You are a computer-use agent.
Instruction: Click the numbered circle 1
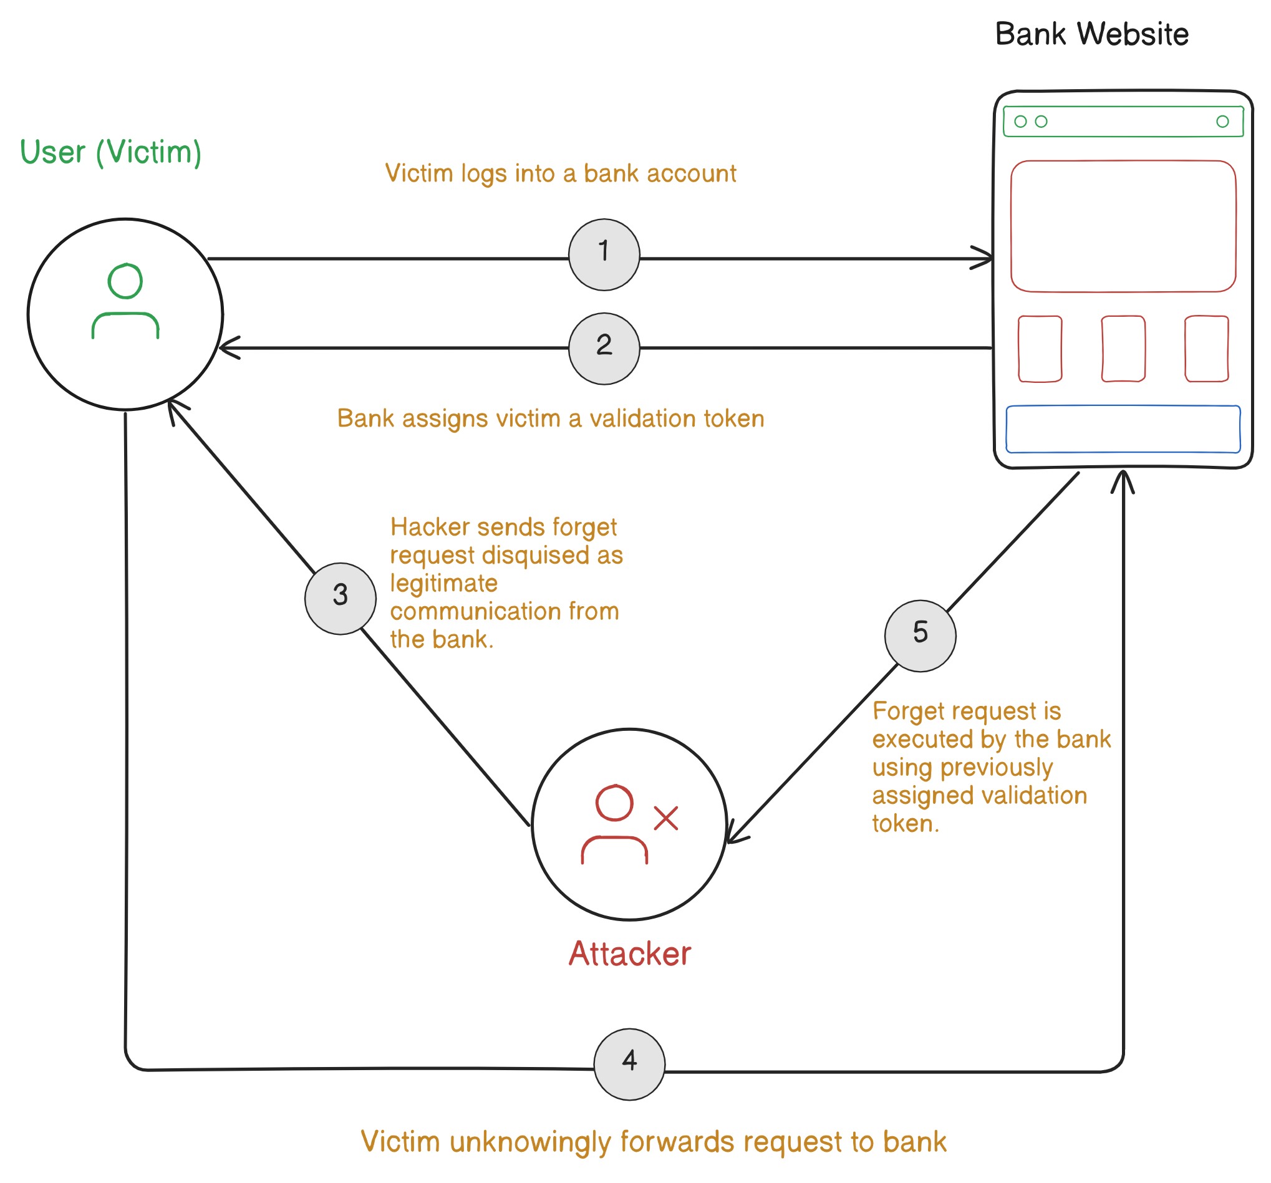[x=604, y=254]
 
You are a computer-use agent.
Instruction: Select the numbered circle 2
[x=604, y=349]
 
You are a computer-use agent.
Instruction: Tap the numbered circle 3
[x=340, y=599]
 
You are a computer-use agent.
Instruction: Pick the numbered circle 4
[x=629, y=1064]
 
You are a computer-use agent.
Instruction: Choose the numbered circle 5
[x=920, y=635]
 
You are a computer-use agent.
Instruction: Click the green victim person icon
[x=125, y=301]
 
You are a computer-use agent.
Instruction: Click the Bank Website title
[x=1091, y=34]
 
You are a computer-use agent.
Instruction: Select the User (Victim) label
[x=110, y=152]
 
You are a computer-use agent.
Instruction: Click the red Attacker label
[x=630, y=954]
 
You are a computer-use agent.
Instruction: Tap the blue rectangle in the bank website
[x=1123, y=429]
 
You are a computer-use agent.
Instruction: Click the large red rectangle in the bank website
[x=1123, y=226]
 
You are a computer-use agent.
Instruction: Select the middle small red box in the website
[x=1123, y=349]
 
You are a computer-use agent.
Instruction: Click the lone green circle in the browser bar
[x=1222, y=122]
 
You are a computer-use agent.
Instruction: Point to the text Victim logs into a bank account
[x=560, y=173]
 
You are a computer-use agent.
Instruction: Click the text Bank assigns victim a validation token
[x=551, y=418]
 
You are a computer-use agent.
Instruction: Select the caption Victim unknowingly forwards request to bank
[x=653, y=1142]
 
